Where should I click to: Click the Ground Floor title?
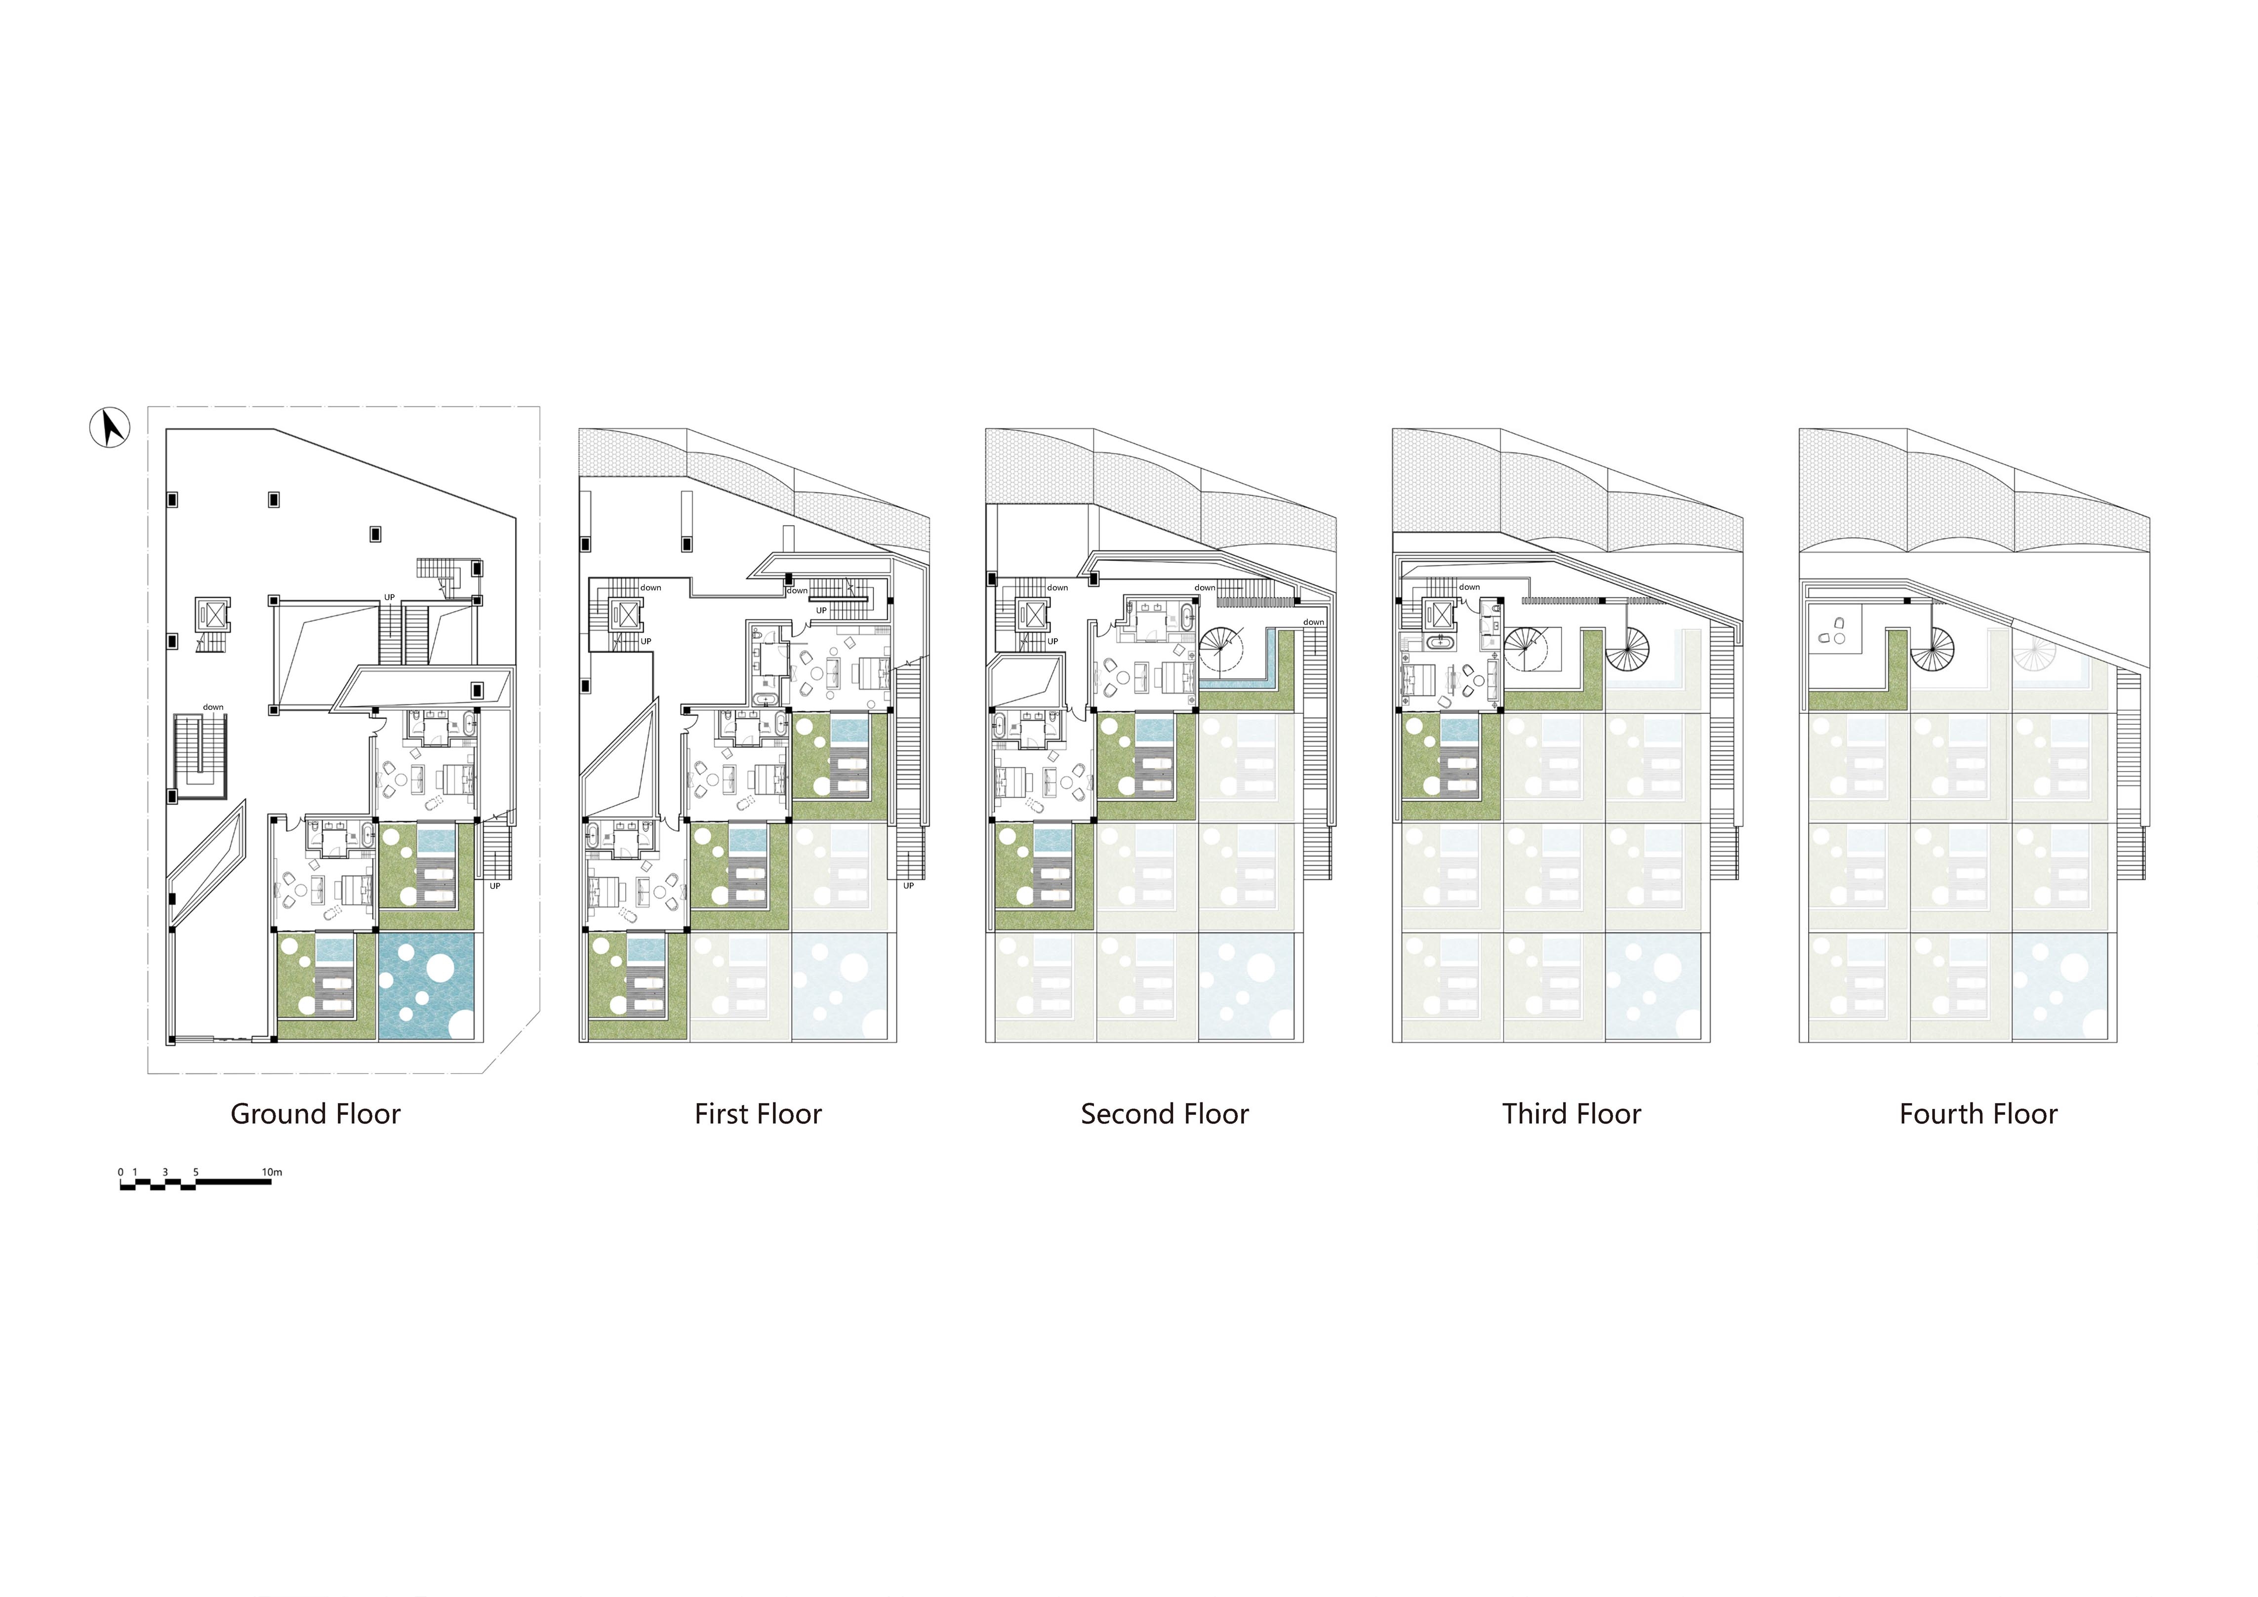coord(316,1114)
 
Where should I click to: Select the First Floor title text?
coord(758,1114)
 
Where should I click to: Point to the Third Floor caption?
coord(1572,1114)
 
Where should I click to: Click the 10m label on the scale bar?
coord(272,1172)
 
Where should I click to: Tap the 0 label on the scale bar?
coord(121,1172)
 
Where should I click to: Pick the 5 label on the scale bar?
coord(196,1172)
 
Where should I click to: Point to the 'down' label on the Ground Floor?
coord(213,707)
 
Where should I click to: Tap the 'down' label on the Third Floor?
coord(1469,587)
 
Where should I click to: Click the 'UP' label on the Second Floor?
coord(1052,641)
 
